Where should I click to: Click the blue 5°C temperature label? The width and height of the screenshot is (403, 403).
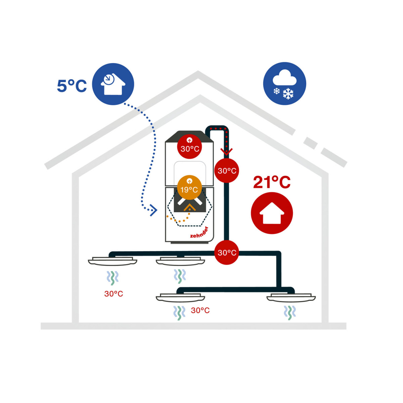[x=72, y=86]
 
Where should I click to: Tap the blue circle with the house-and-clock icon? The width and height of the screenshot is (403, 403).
[x=113, y=84]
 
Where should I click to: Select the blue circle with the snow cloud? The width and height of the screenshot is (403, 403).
[x=284, y=83]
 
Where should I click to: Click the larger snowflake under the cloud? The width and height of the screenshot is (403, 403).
[x=288, y=93]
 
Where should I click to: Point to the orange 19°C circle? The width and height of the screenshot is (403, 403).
[x=189, y=187]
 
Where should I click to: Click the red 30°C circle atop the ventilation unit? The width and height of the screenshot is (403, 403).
[x=189, y=147]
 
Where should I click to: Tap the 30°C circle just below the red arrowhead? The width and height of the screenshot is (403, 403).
[x=227, y=171]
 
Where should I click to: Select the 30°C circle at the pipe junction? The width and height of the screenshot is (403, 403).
[x=227, y=253]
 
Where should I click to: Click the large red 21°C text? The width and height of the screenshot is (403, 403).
[x=272, y=182]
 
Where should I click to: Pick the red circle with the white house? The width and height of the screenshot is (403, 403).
[x=272, y=213]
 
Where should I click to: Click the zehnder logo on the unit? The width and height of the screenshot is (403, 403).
[x=199, y=232]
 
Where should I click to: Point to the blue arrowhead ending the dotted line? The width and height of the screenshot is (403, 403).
[x=154, y=210]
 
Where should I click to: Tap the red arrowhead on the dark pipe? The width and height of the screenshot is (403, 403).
[x=226, y=151]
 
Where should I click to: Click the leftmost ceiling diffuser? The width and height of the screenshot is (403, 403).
[x=113, y=261]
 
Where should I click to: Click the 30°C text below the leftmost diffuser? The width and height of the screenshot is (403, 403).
[x=114, y=294]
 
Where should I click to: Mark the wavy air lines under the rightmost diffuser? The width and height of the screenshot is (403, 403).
[x=289, y=313]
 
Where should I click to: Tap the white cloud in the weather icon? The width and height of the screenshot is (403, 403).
[x=284, y=77]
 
